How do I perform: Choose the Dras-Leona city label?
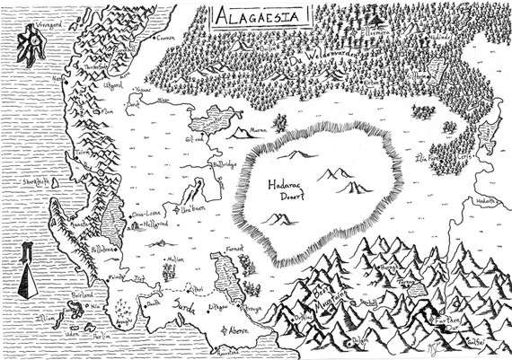coord(146,216)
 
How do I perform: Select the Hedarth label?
coord(484,203)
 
